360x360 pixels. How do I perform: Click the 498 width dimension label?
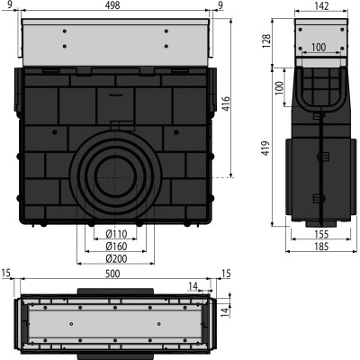(x=112, y=5)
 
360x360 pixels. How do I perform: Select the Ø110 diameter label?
(x=116, y=234)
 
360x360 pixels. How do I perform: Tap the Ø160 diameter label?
(x=116, y=247)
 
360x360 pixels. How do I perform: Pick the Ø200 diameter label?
(x=116, y=258)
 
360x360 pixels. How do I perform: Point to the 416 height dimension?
(x=226, y=103)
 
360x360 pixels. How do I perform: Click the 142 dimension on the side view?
(x=322, y=5)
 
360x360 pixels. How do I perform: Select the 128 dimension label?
(x=266, y=41)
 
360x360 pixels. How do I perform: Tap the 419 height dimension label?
(x=265, y=148)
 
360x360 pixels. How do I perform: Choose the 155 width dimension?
(x=321, y=234)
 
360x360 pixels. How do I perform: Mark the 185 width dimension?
(x=321, y=247)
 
